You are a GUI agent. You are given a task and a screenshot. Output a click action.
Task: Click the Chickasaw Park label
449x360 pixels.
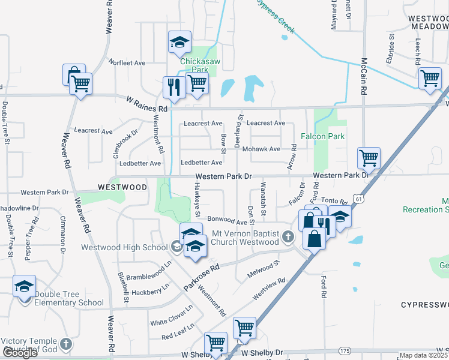194,65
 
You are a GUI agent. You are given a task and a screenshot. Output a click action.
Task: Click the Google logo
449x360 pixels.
20,353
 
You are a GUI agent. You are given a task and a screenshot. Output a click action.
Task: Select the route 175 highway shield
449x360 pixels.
345,350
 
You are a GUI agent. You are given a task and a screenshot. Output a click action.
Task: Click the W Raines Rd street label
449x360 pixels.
146,103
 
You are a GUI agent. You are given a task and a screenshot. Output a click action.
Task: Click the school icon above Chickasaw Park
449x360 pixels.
179,42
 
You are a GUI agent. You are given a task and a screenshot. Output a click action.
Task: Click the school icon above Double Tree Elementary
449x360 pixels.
25,286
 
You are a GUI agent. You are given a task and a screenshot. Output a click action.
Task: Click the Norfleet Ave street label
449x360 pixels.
127,62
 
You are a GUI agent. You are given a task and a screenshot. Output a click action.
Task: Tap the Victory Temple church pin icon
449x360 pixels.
66,344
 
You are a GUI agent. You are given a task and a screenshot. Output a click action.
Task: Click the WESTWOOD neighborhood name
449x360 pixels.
122,187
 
